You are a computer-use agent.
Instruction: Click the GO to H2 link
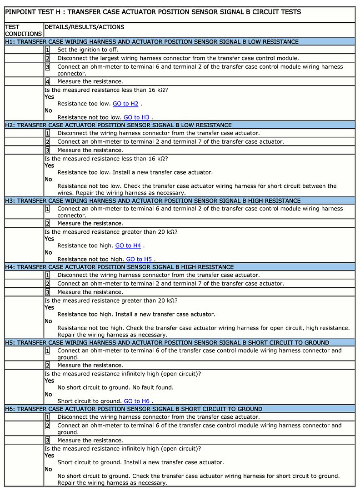pos(125,104)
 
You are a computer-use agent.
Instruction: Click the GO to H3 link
pos(136,117)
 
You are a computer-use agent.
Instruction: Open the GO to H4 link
pos(128,245)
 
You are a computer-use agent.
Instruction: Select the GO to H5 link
pos(139,259)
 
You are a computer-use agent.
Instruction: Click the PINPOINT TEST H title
pos(153,12)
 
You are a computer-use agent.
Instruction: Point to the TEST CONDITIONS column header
pos(23,30)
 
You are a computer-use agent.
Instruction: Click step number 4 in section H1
pos(47,81)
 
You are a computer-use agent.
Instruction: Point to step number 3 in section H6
pos(47,440)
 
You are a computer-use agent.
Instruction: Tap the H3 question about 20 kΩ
pos(110,231)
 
